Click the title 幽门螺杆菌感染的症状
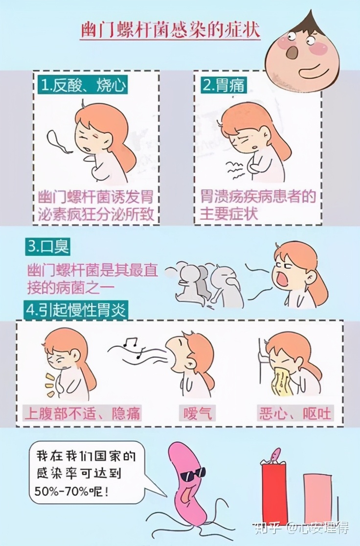click(170, 30)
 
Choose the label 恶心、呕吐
click(294, 413)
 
